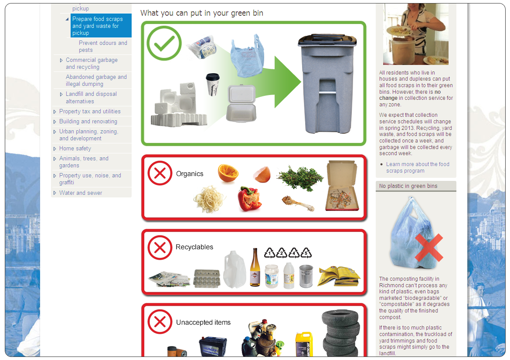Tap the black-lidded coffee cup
point(213,85)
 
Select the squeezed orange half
point(228,173)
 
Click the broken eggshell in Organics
point(262,174)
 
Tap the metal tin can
point(306,276)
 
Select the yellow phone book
point(339,276)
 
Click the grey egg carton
point(207,278)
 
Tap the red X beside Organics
point(160,173)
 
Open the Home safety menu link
point(75,148)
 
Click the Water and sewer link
point(81,193)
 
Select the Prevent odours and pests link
point(103,46)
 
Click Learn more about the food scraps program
point(418,167)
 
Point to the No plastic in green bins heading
point(408,186)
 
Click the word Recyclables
point(194,247)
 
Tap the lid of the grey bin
point(327,40)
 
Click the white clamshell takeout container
point(241,103)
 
